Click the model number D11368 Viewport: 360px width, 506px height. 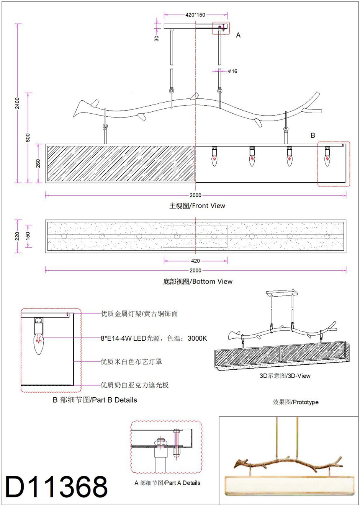click(57, 487)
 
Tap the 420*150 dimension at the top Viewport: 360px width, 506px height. click(195, 15)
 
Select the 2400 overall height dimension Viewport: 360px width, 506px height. click(17, 103)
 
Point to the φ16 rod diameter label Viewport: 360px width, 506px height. click(232, 71)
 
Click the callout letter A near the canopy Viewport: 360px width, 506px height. click(238, 35)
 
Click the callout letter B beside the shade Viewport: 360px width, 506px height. click(313, 135)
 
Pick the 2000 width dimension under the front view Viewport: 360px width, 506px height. click(195, 195)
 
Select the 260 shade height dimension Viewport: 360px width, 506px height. click(38, 163)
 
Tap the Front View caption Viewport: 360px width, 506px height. click(197, 206)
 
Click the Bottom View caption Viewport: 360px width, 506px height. click(198, 282)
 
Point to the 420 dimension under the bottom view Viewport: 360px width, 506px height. click(195, 261)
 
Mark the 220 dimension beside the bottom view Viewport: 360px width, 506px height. click(17, 236)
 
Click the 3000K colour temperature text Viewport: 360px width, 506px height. click(197, 338)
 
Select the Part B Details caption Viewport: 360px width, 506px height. click(95, 400)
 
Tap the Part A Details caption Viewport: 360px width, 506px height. click(167, 483)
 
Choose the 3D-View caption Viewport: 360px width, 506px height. click(285, 376)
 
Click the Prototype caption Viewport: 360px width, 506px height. click(295, 402)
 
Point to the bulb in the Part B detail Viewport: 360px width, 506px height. click(38, 343)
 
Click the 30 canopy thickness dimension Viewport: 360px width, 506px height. click(157, 38)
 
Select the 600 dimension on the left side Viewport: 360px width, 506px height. click(28, 138)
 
